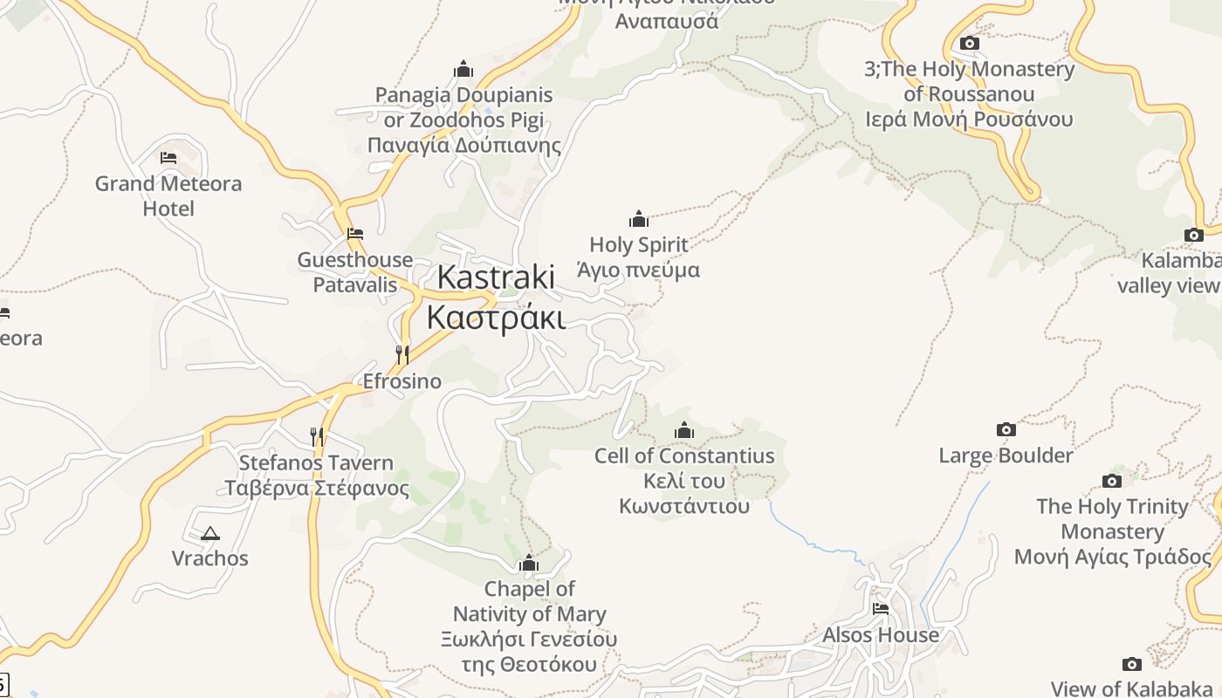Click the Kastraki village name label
click(496, 297)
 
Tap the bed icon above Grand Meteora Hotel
click(168, 158)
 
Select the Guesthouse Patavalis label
click(355, 272)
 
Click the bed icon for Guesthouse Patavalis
click(355, 234)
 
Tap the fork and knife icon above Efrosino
click(402, 354)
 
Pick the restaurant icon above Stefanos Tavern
click(317, 436)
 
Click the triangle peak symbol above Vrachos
click(209, 533)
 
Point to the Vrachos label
click(209, 558)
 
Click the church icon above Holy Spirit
click(639, 219)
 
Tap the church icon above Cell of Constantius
click(684, 430)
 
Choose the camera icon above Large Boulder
click(1006, 429)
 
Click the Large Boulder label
click(1006, 455)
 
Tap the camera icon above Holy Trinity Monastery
click(1112, 481)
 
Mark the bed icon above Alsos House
click(881, 608)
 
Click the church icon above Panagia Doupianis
click(463, 69)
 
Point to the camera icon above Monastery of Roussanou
click(969, 43)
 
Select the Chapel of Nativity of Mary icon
click(529, 564)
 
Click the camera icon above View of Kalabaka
click(1132, 665)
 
